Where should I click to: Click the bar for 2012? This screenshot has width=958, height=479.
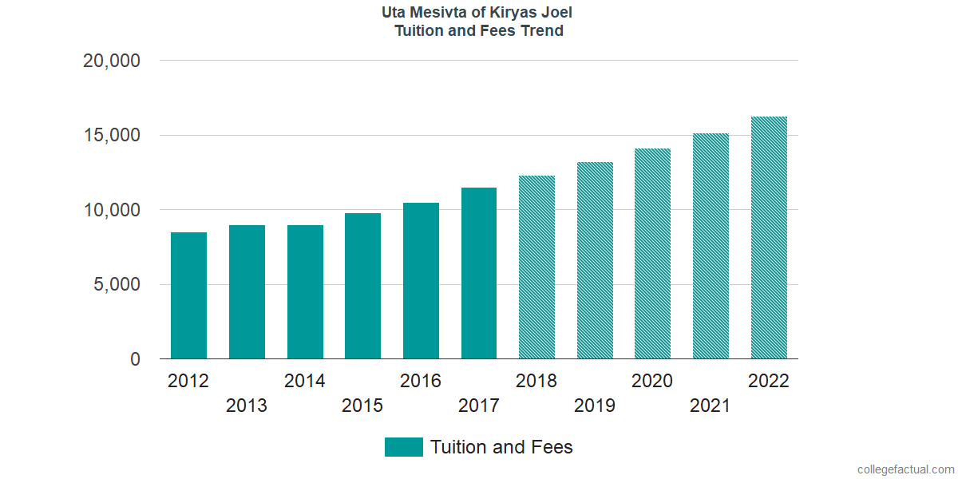click(x=188, y=295)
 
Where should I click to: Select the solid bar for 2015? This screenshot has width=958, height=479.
click(x=362, y=286)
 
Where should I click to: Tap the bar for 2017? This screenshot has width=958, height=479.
click(x=479, y=273)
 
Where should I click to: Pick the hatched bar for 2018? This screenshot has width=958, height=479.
click(x=536, y=267)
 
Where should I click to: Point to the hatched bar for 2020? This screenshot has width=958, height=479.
click(x=652, y=254)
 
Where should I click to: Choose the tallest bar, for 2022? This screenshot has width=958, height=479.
click(x=769, y=238)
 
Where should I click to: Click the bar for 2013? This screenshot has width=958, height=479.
click(x=247, y=292)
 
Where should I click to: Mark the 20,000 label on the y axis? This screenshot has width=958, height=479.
click(x=112, y=61)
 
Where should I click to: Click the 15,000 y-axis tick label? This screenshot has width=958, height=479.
click(x=112, y=136)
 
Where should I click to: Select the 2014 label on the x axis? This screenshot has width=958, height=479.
click(x=305, y=381)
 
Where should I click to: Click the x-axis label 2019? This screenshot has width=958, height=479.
click(x=595, y=406)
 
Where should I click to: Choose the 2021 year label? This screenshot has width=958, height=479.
click(x=711, y=406)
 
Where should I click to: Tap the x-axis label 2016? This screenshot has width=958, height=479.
click(x=421, y=381)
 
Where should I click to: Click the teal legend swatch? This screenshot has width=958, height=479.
click(x=403, y=447)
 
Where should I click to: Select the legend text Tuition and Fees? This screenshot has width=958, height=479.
click(x=501, y=447)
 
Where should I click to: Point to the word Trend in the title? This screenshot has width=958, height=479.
click(x=542, y=31)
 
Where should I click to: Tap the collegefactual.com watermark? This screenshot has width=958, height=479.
click(x=905, y=469)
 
